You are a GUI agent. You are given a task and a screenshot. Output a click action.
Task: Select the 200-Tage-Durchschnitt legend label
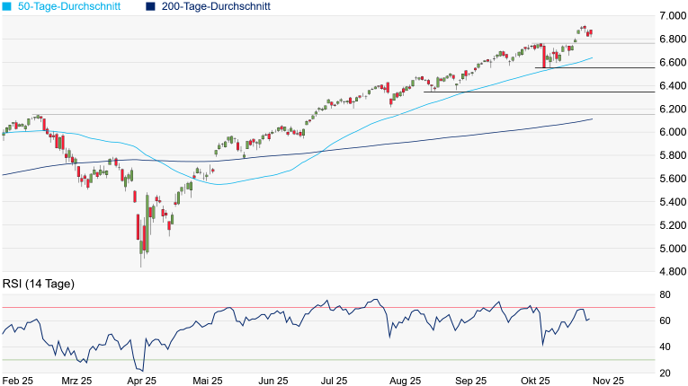pyautogui.click(x=216, y=6)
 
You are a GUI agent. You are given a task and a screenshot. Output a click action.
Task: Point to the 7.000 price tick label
pyautogui.click(x=669, y=16)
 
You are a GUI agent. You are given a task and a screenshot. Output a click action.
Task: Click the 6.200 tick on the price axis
pyautogui.click(x=669, y=109)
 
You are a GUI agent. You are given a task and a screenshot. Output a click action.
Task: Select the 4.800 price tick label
pyautogui.click(x=669, y=271)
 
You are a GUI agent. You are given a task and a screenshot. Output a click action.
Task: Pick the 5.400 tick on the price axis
pyautogui.click(x=669, y=202)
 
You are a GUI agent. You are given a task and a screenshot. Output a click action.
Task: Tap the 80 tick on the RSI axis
pyautogui.click(x=666, y=294)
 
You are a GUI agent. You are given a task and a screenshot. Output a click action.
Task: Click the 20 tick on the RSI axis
pyautogui.click(x=666, y=373)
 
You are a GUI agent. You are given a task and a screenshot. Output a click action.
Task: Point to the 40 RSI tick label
pyautogui.click(x=666, y=347)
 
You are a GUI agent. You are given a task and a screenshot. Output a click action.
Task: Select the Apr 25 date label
pyautogui.click(x=142, y=381)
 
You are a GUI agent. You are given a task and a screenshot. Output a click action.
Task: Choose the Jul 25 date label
pyautogui.click(x=334, y=381)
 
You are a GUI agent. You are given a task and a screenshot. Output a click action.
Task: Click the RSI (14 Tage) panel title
pyautogui.click(x=38, y=284)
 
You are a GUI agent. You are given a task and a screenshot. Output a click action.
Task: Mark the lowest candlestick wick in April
pyautogui.click(x=141, y=267)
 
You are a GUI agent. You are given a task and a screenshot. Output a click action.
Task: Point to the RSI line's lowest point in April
pyautogui.click(x=141, y=370)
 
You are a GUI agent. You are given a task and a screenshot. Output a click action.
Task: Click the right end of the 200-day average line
pyautogui.click(x=593, y=118)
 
